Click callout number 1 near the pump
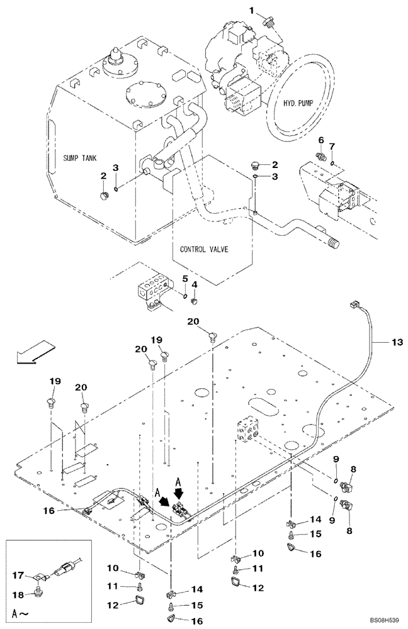coord(251,11)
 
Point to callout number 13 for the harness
coord(396,342)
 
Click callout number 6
coord(320,140)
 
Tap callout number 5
coord(186,279)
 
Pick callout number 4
coord(195,285)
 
